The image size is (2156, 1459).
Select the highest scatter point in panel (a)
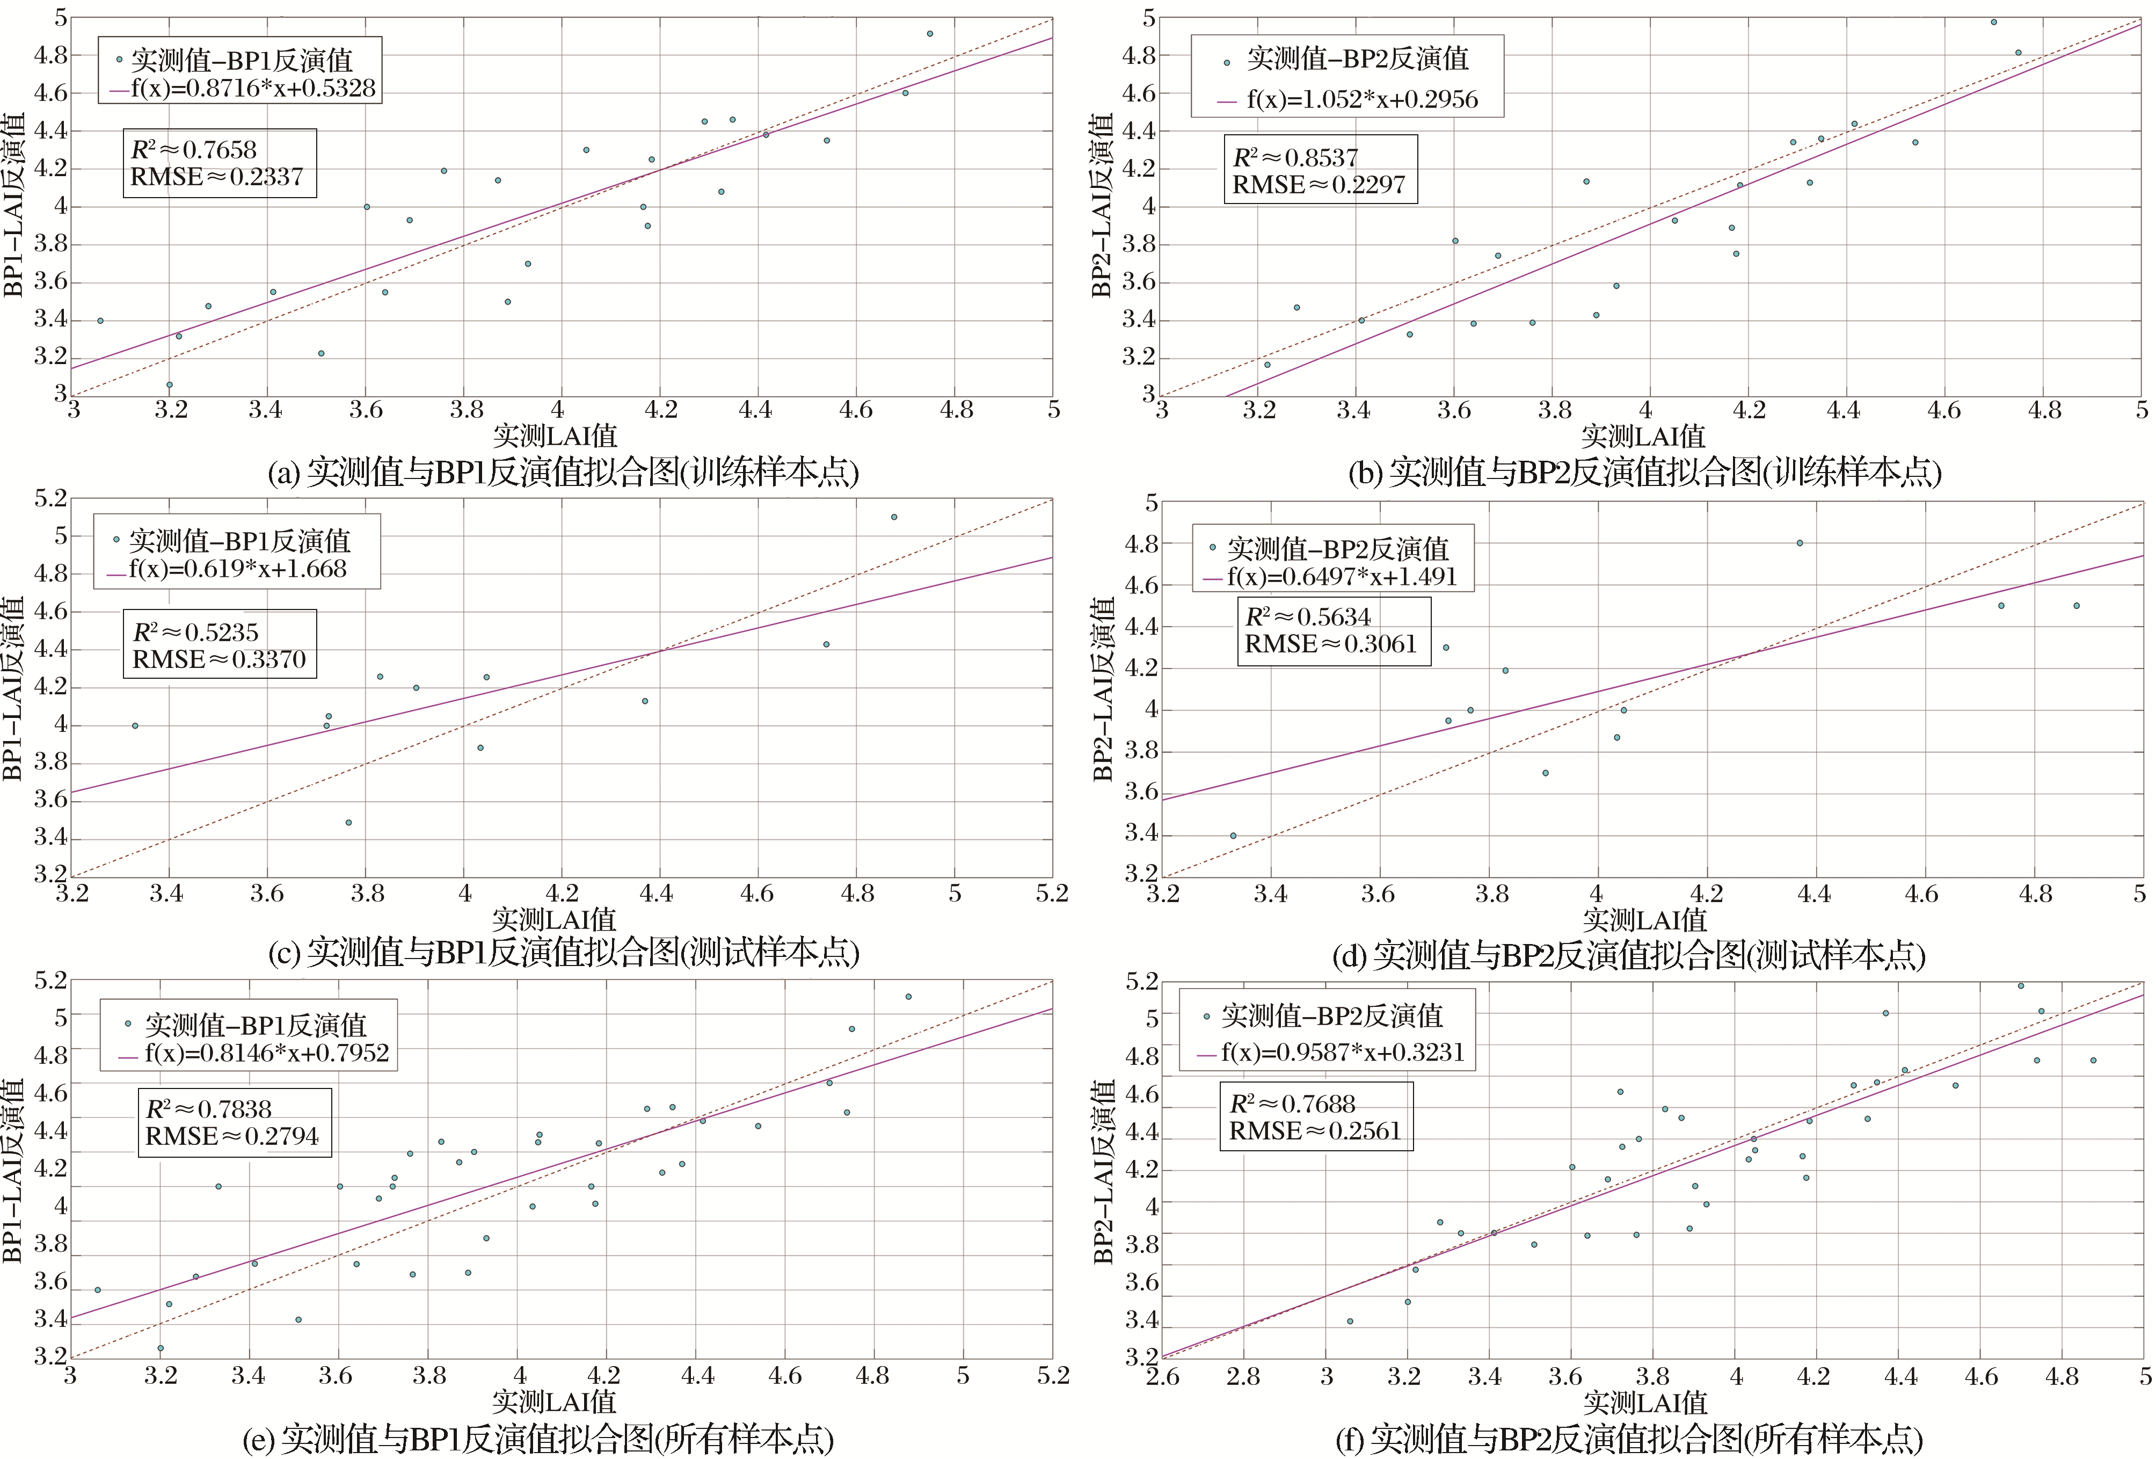(x=930, y=33)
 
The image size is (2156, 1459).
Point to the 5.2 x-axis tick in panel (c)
(x=1052, y=894)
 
